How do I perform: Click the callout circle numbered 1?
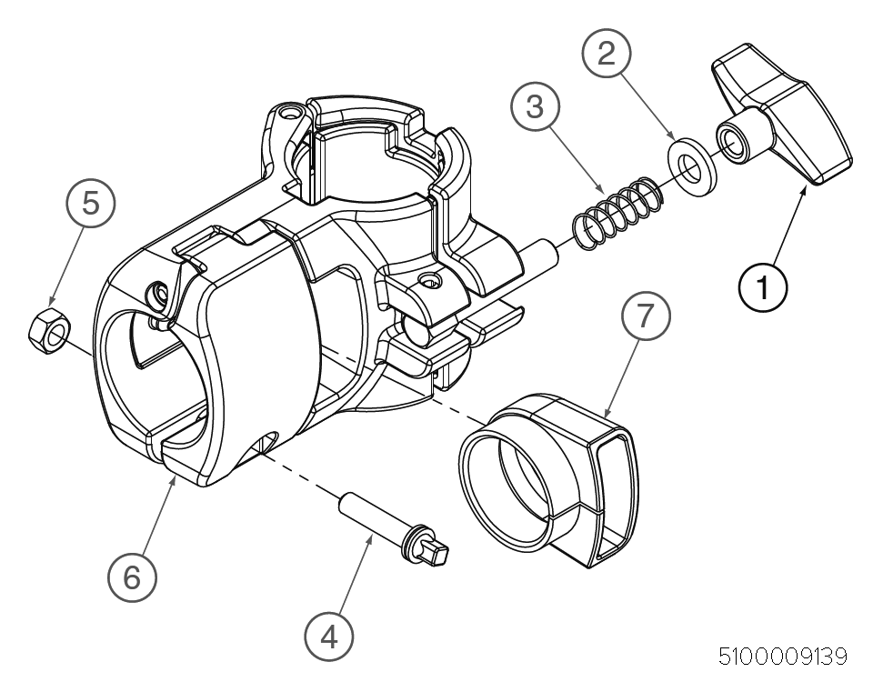[x=763, y=286]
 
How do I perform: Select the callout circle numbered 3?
[x=535, y=105]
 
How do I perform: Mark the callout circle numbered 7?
[x=646, y=316]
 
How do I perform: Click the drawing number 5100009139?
[x=783, y=657]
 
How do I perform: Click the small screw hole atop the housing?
[x=290, y=113]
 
